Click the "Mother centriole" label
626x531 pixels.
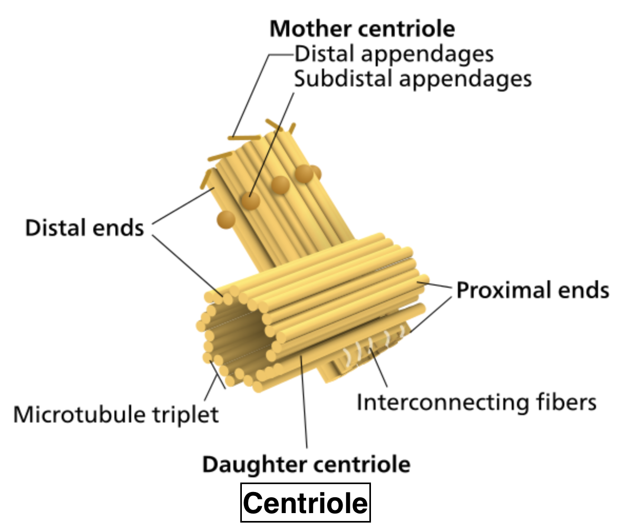point(362,29)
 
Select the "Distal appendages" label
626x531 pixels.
point(394,54)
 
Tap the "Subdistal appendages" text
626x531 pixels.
point(413,79)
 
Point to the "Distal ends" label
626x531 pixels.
point(84,228)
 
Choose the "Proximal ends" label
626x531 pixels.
point(532,290)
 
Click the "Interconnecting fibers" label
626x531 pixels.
point(476,402)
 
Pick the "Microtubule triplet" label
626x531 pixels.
point(115,415)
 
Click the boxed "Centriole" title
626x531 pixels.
point(306,503)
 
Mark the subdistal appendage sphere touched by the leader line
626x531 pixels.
point(251,200)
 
